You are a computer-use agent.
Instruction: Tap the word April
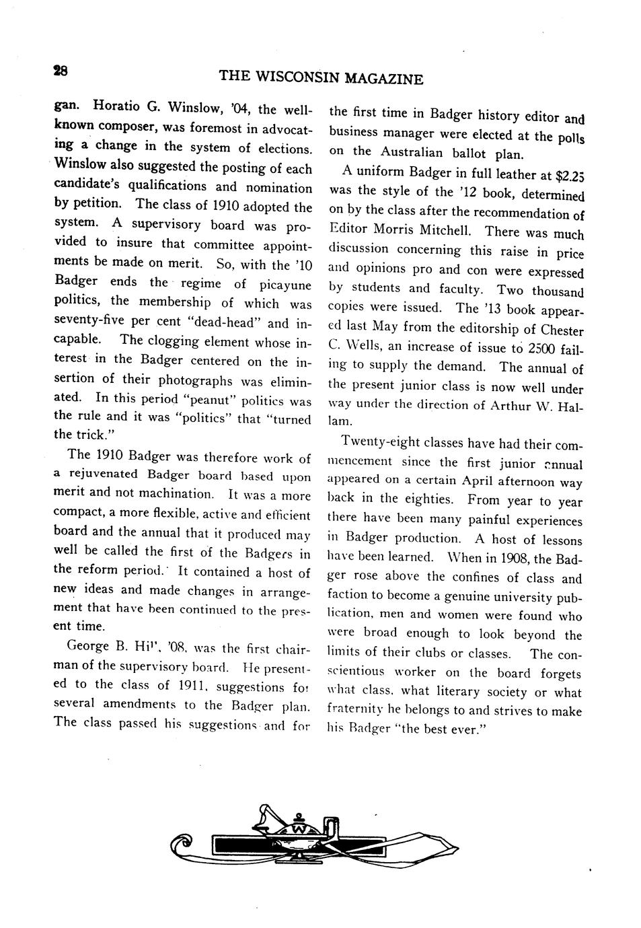coord(478,481)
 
